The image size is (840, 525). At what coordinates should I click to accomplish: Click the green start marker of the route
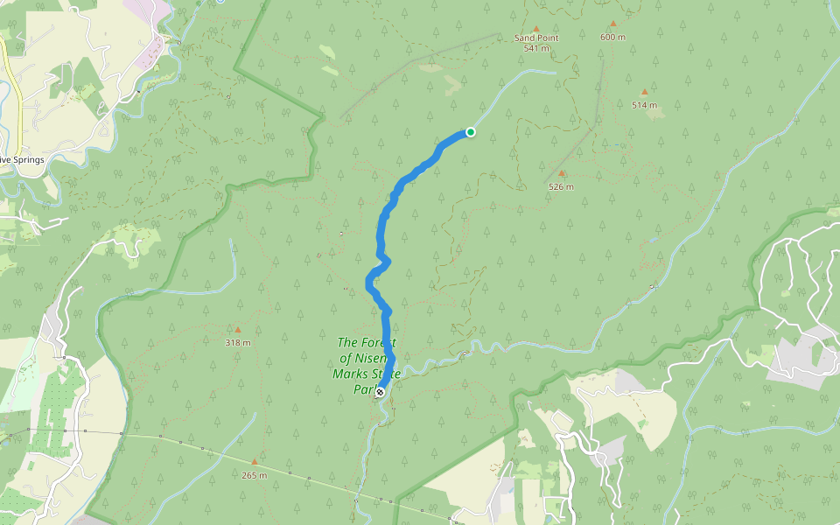pyautogui.click(x=471, y=132)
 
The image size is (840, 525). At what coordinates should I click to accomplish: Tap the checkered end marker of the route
pyautogui.click(x=380, y=392)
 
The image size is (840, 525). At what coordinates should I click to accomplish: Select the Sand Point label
pyautogui.click(x=535, y=38)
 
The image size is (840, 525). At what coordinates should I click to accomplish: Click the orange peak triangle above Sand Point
pyautogui.click(x=535, y=29)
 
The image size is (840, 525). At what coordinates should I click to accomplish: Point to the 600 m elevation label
pyautogui.click(x=612, y=37)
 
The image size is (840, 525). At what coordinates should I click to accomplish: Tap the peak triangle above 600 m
pyautogui.click(x=612, y=24)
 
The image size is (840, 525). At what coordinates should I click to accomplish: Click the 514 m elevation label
pyautogui.click(x=644, y=105)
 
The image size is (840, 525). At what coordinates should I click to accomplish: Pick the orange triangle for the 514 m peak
pyautogui.click(x=645, y=92)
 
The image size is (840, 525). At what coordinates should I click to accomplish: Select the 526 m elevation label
pyautogui.click(x=561, y=186)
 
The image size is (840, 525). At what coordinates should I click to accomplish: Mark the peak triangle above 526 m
pyautogui.click(x=562, y=173)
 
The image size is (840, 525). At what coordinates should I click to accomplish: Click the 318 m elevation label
pyautogui.click(x=237, y=342)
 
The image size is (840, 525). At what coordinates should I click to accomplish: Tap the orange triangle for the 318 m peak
pyautogui.click(x=237, y=330)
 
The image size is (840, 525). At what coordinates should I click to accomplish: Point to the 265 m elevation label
pyautogui.click(x=254, y=475)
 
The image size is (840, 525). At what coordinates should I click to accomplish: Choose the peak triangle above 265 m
pyautogui.click(x=255, y=462)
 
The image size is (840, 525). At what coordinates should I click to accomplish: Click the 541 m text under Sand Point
pyautogui.click(x=536, y=48)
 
